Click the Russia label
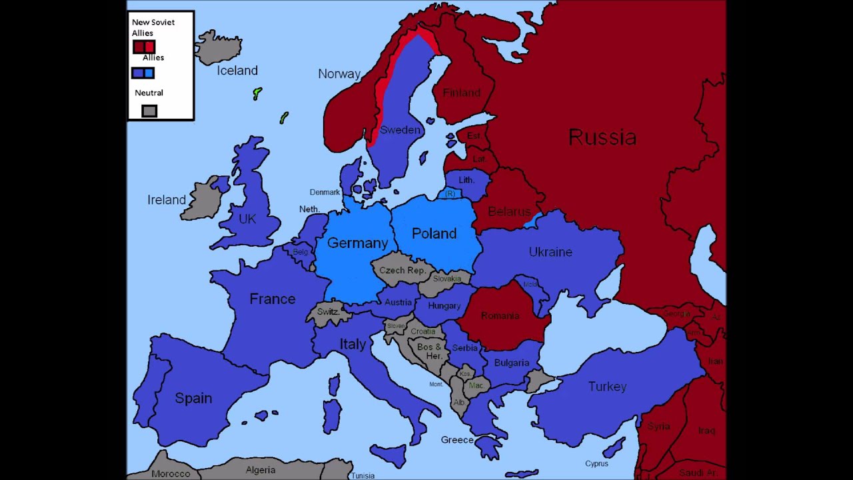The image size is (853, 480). [602, 138]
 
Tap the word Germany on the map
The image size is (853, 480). [357, 243]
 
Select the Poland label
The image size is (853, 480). [434, 233]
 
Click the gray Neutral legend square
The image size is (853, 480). [149, 111]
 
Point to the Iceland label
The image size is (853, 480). [237, 70]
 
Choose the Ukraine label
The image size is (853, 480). [550, 252]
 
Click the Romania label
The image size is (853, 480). [499, 315]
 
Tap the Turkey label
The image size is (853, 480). [607, 387]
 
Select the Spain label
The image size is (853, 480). [193, 398]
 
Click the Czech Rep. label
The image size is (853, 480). [402, 271]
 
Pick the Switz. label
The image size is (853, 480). [329, 311]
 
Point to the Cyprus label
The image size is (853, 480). [596, 463]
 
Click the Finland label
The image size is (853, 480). [461, 93]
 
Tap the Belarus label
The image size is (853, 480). [509, 211]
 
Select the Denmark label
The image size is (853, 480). [325, 192]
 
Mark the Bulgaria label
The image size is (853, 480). [511, 363]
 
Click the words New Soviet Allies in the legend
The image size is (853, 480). [153, 27]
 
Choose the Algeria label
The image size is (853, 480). [260, 470]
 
